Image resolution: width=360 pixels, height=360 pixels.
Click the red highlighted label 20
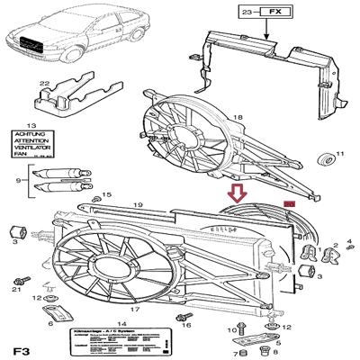[289, 206]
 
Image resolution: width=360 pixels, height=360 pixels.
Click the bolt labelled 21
[17, 274]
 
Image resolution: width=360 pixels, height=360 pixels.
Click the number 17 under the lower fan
[133, 309]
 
